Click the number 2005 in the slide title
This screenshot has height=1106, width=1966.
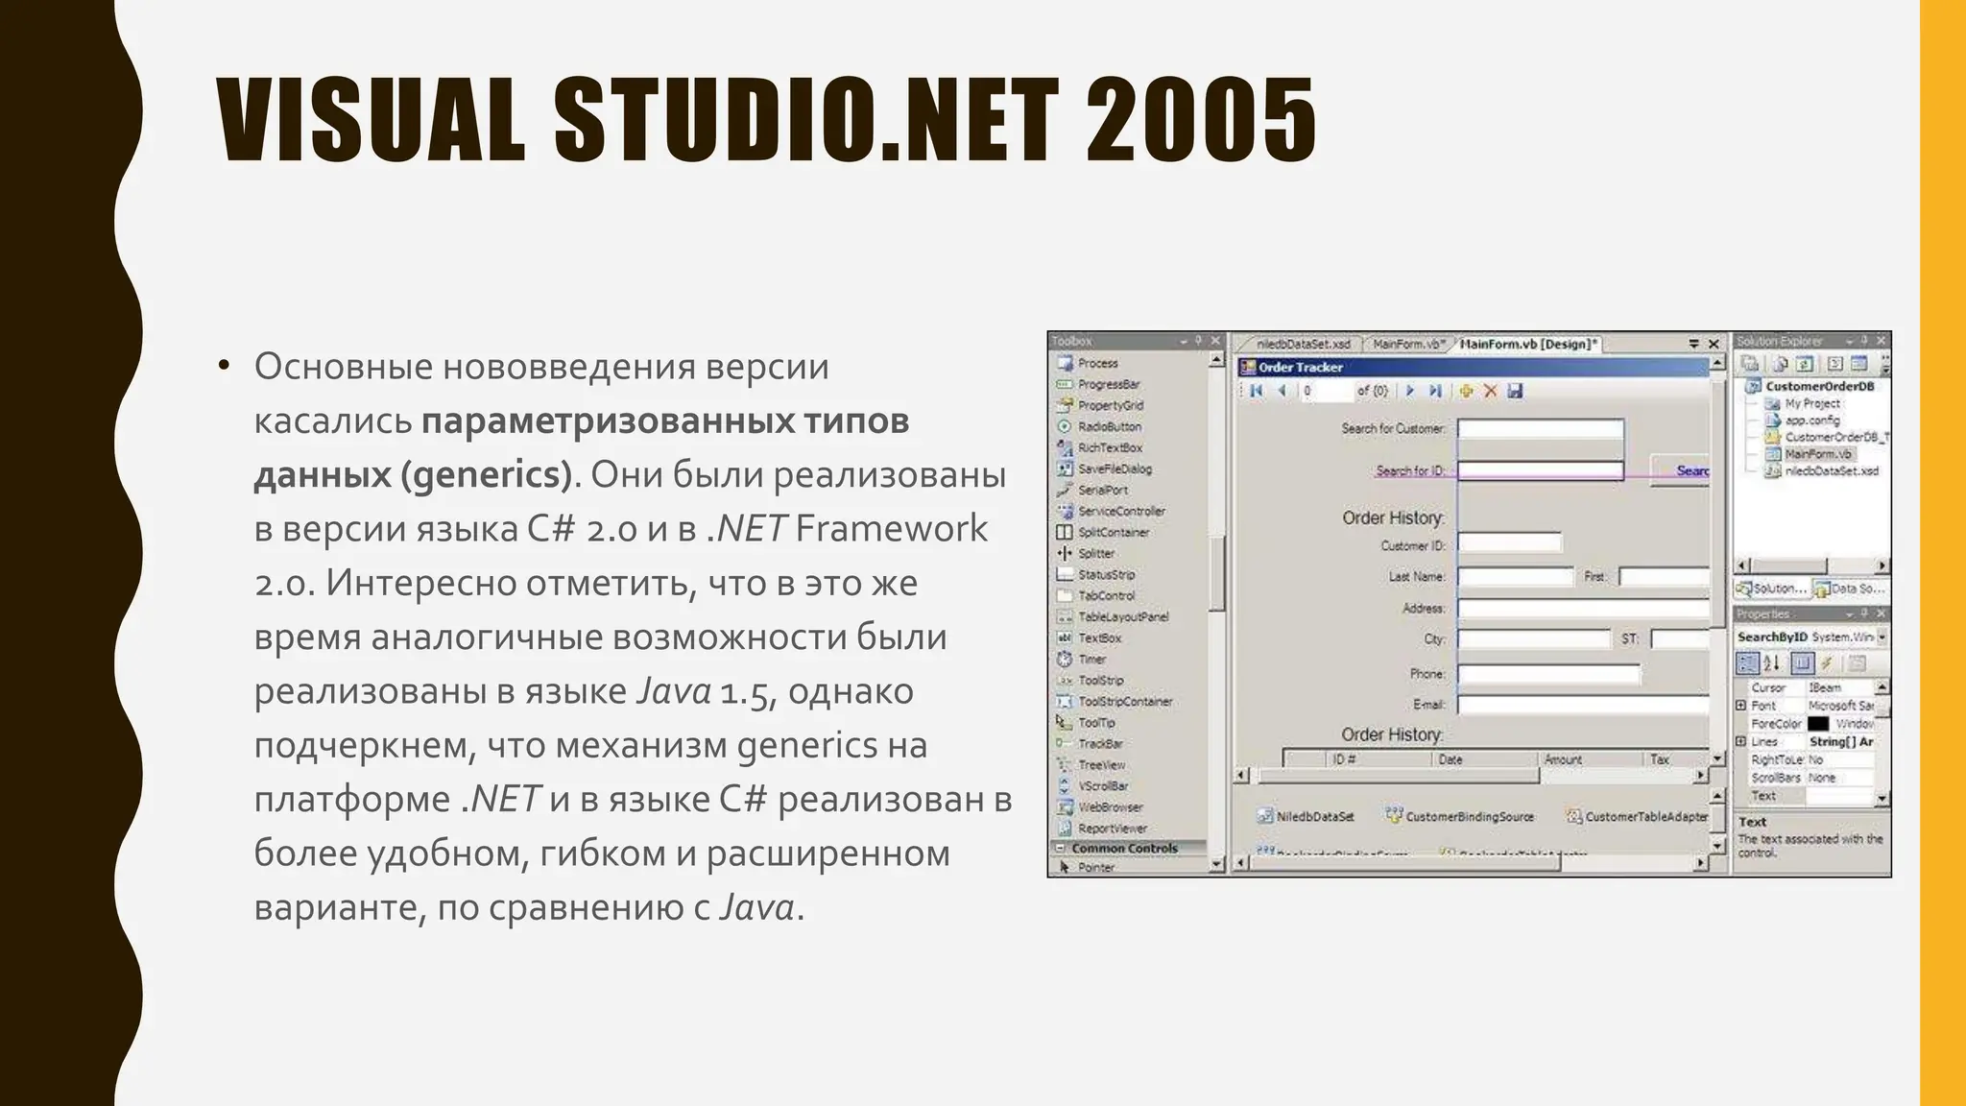coord(1201,120)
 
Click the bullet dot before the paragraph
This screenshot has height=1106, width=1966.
coord(224,365)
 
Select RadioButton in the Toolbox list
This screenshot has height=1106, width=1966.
coord(1109,426)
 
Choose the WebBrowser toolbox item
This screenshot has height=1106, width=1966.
coord(1110,807)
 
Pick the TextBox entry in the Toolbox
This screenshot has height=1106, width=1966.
coord(1099,637)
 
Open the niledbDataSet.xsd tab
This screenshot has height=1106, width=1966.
coord(1303,344)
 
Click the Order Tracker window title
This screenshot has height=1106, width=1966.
coord(1300,367)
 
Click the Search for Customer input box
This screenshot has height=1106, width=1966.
coord(1540,429)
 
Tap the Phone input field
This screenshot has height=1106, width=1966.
coord(1547,674)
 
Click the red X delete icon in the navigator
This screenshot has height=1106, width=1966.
coord(1490,391)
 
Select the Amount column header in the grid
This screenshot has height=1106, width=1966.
coord(1563,759)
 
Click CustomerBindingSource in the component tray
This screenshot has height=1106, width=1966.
coord(1469,816)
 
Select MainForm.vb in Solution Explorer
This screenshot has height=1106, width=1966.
coord(1817,454)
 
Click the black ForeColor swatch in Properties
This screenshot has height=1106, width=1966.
coord(1817,724)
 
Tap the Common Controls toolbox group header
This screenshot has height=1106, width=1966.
coord(1124,848)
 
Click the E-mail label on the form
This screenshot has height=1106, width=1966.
coord(1428,705)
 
